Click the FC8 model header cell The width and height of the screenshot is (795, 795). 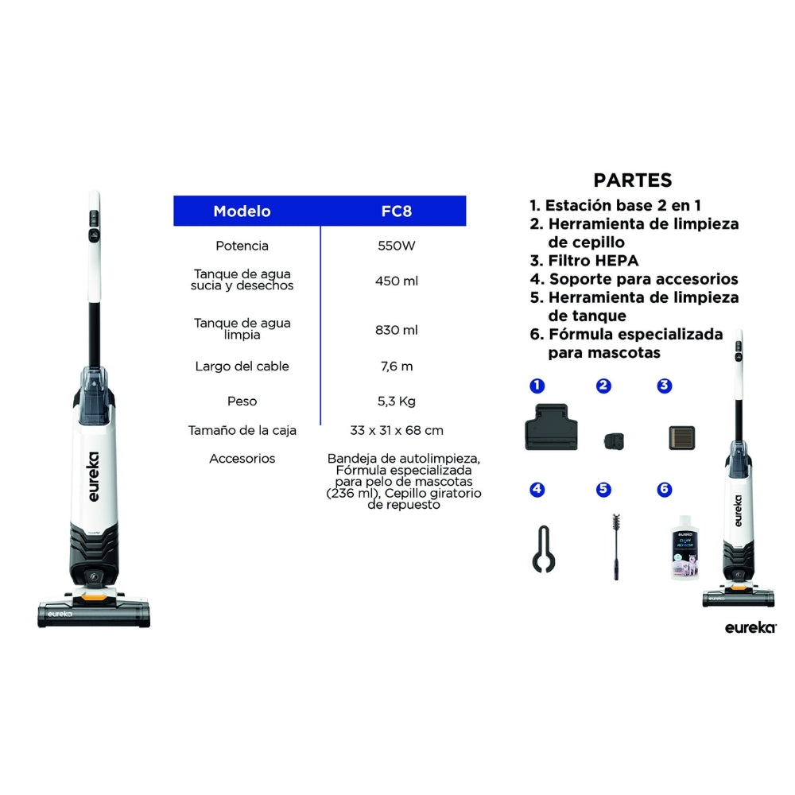point(396,211)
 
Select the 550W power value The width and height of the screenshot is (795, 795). point(397,246)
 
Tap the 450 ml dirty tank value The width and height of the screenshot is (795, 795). point(397,281)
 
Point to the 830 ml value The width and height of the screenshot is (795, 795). point(397,330)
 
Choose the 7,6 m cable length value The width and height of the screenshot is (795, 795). point(397,366)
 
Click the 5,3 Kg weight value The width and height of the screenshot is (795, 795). point(397,401)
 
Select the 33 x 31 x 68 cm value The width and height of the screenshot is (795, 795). point(397,430)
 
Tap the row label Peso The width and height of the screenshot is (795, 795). point(242,401)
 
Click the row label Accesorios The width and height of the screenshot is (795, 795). point(242,459)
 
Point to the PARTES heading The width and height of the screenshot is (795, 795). point(632,180)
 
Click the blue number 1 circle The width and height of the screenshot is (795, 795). point(537,386)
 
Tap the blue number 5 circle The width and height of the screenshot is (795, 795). point(603,489)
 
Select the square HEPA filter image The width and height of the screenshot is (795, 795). point(682,438)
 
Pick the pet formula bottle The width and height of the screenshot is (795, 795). point(684,548)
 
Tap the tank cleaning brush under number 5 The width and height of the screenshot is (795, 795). point(616,547)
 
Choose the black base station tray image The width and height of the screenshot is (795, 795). point(551,427)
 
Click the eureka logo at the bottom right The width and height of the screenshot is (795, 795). point(750,628)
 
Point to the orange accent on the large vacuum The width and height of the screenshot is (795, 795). point(95,599)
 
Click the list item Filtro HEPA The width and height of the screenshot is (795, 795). point(584,261)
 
